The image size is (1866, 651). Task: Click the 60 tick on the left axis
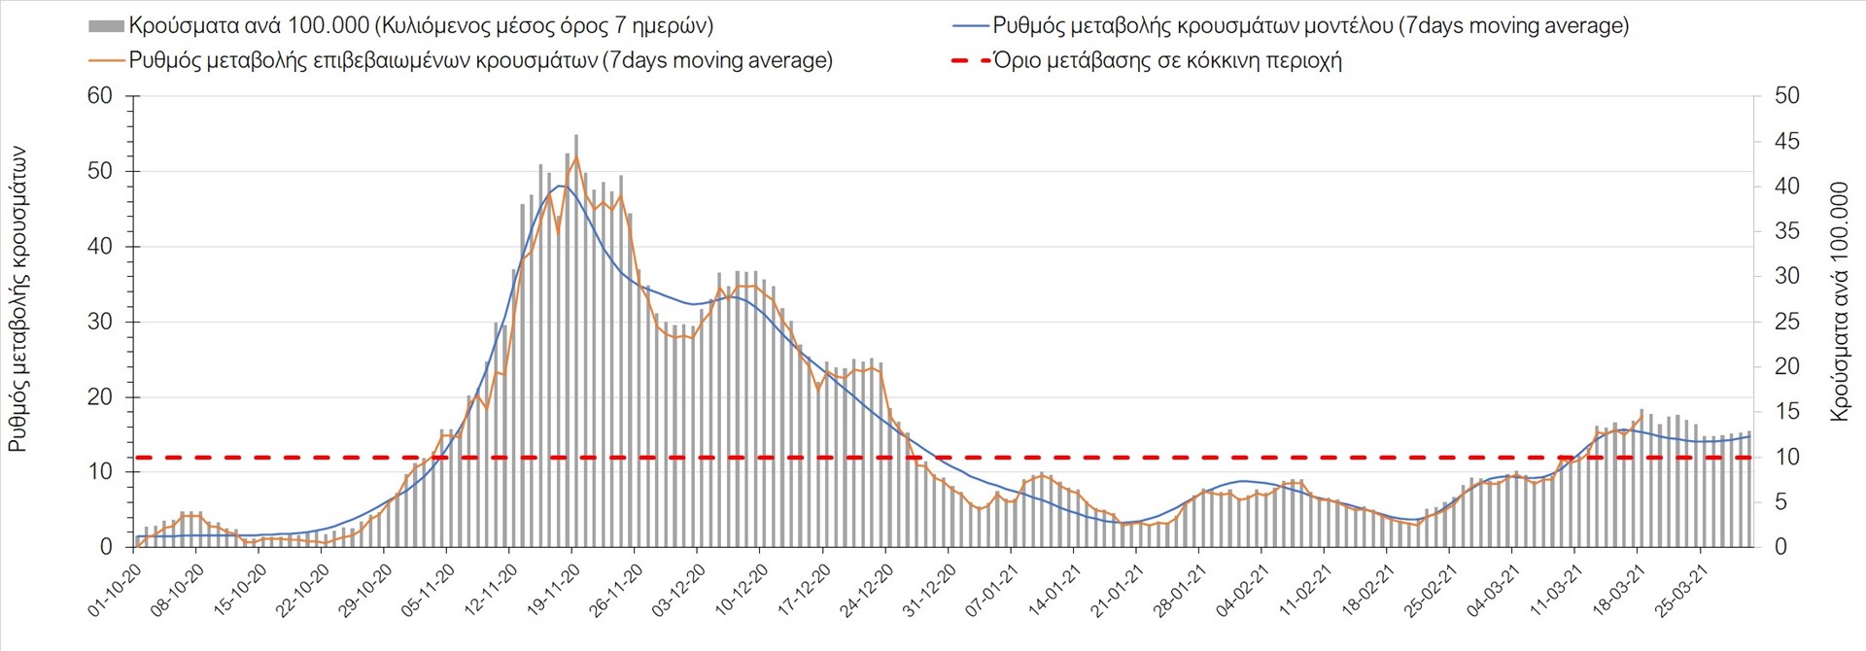pyautogui.click(x=100, y=96)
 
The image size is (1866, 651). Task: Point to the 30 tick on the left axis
pyautogui.click(x=100, y=322)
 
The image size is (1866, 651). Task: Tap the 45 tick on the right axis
pyautogui.click(x=1786, y=142)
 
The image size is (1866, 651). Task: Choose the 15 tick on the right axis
pyautogui.click(x=1786, y=412)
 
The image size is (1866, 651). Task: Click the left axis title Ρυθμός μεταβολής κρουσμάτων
pyautogui.click(x=18, y=299)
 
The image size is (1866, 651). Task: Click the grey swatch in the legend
pyautogui.click(x=106, y=26)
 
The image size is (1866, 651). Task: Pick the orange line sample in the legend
pyautogui.click(x=106, y=60)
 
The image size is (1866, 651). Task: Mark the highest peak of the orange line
pyautogui.click(x=576, y=156)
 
